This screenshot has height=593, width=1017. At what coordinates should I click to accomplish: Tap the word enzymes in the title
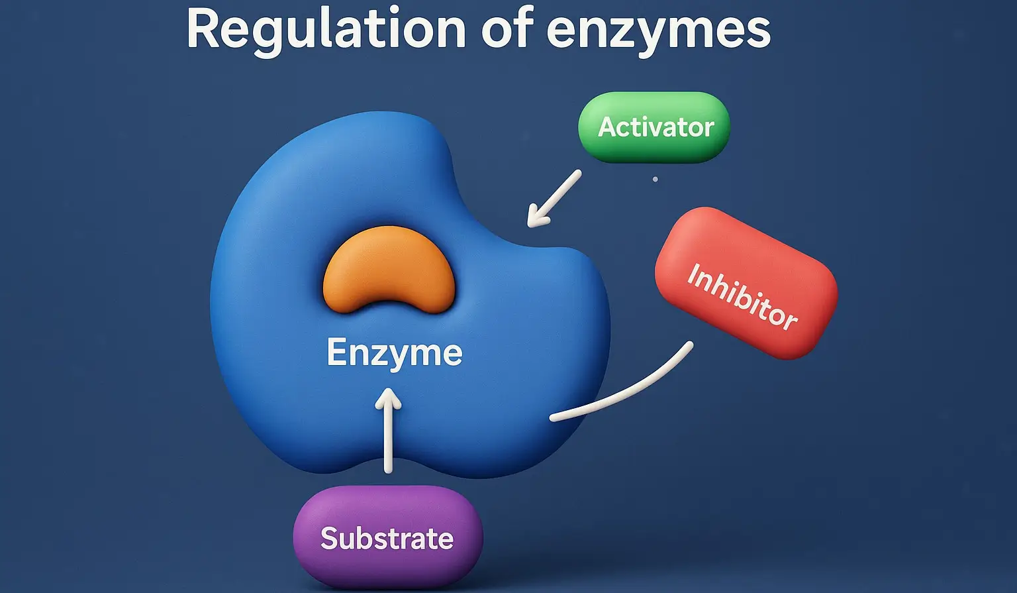[659, 32]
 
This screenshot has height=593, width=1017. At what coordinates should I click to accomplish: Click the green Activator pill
[654, 127]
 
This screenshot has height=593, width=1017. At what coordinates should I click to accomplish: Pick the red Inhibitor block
[746, 283]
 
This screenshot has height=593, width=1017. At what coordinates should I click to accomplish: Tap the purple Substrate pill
[387, 537]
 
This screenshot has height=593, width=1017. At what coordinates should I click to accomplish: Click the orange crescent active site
[389, 268]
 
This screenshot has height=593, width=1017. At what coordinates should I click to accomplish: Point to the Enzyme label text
[394, 352]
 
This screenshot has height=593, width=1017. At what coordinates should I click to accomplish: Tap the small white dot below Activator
[655, 179]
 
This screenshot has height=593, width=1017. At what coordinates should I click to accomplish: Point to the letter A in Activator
[608, 127]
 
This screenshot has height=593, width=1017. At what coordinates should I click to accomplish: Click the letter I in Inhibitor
[693, 273]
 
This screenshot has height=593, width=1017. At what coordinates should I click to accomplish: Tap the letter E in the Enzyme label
[337, 352]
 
